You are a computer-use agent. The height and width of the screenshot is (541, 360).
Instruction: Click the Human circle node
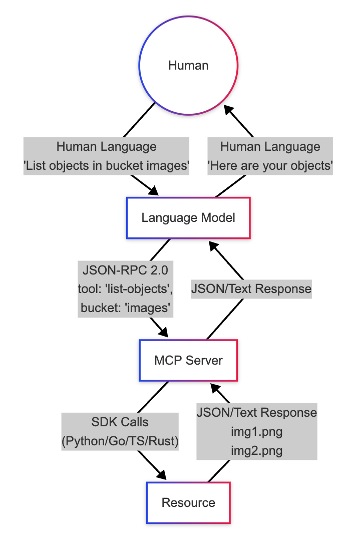(188, 66)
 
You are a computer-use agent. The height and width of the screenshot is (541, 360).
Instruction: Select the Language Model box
(188, 218)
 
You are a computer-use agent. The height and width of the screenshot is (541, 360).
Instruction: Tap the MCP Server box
(188, 360)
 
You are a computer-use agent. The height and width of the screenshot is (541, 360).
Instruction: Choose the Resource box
(188, 502)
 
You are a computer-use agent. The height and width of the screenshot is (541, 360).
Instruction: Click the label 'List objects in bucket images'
(106, 166)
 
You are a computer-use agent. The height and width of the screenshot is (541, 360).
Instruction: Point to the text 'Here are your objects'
(270, 166)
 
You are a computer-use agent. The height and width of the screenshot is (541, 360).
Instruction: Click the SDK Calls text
(120, 422)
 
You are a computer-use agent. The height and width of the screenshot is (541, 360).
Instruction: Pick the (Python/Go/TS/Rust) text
(120, 441)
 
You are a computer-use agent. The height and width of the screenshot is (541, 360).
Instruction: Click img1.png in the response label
(256, 431)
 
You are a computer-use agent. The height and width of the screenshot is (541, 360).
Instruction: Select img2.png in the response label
(256, 450)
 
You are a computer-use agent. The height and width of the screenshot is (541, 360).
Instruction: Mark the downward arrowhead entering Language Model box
(153, 191)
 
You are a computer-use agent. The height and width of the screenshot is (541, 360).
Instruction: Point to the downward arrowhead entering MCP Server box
(164, 333)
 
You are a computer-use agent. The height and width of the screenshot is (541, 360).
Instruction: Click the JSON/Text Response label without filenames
(251, 289)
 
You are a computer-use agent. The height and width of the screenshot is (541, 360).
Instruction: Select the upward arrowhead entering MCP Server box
(215, 388)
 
